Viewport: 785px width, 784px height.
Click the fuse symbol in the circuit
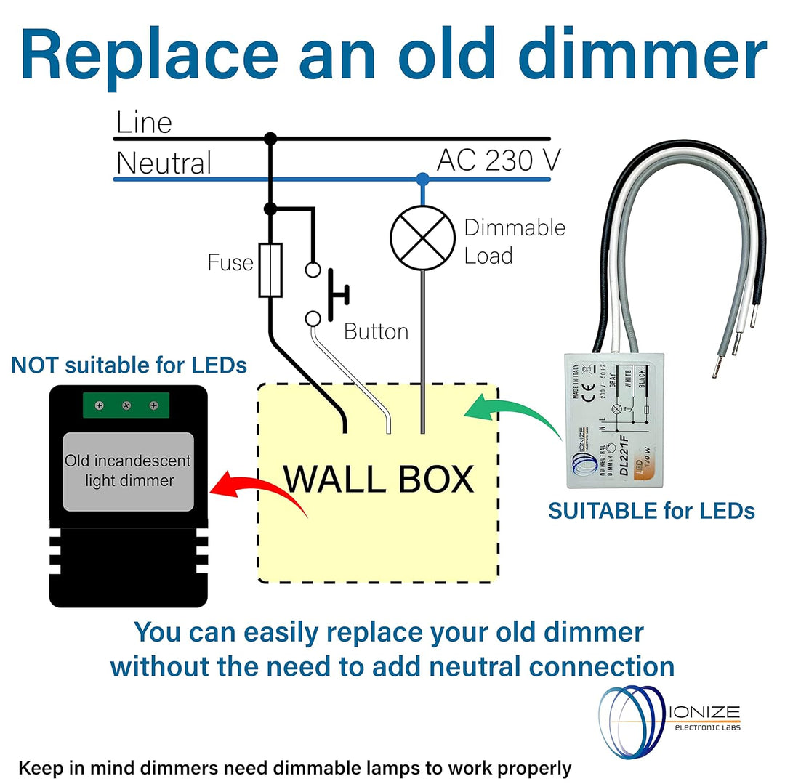270,270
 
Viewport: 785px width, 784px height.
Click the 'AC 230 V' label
494,161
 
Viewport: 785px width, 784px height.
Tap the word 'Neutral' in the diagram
164,163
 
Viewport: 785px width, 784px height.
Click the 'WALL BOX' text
378,480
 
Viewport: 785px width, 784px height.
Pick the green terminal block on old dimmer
126,405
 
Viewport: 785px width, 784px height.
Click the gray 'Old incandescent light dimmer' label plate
128,471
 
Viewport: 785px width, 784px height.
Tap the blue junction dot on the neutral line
422,178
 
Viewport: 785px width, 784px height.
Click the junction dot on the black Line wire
270,137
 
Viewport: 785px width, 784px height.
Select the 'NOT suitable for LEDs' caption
129,365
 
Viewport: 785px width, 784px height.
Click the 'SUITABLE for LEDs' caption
651,511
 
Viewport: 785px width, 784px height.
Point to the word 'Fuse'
230,262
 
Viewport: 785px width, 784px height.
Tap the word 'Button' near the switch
376,332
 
